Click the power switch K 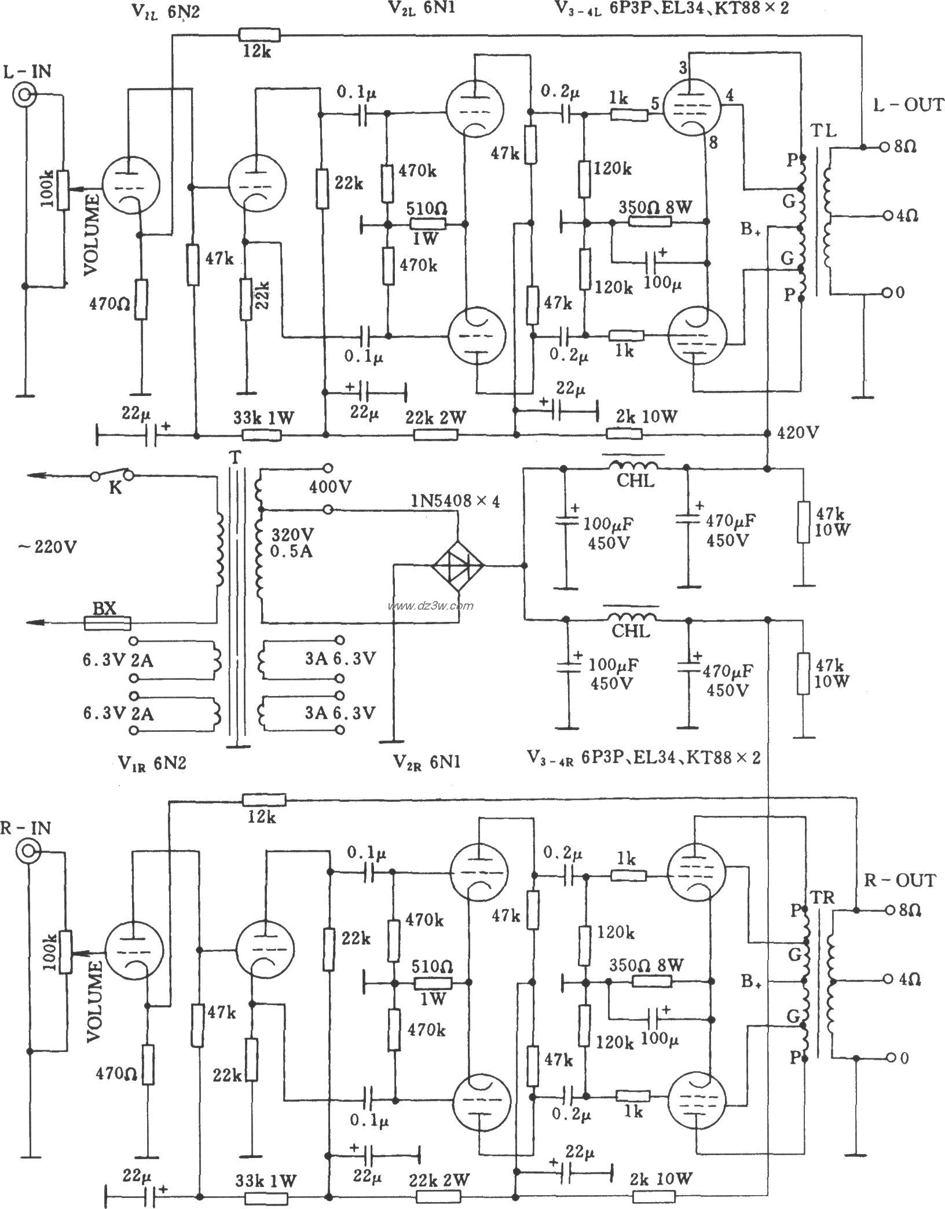point(113,475)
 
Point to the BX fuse point(107,623)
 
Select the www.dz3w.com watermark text point(431,606)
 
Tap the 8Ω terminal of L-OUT point(883,148)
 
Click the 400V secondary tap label point(330,487)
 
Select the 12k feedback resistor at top point(259,36)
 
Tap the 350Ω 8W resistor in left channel point(649,223)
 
